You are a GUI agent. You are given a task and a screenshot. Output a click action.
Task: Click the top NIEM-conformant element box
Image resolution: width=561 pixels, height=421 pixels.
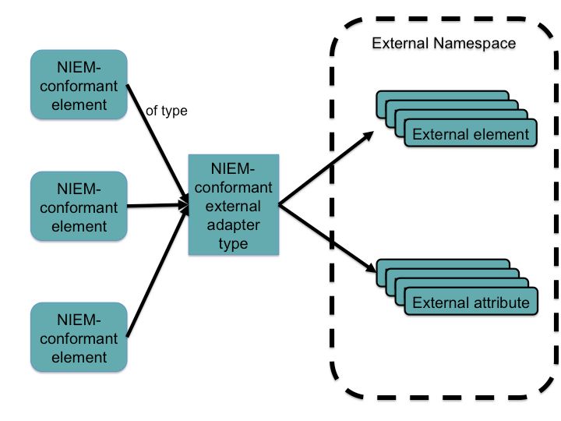pyautogui.click(x=77, y=85)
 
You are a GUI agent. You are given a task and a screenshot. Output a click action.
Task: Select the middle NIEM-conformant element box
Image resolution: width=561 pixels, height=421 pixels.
pyautogui.click(x=77, y=207)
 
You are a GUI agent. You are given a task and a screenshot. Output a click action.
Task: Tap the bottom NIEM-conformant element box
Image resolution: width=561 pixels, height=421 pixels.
pyautogui.click(x=77, y=338)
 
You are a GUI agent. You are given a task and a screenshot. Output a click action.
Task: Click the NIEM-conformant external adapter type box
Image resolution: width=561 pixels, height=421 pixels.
pyautogui.click(x=233, y=206)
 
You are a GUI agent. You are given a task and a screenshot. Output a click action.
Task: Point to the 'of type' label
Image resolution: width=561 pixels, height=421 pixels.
pyautogui.click(x=167, y=111)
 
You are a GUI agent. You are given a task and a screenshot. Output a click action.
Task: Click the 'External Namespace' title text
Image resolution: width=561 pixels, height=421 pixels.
pyautogui.click(x=443, y=43)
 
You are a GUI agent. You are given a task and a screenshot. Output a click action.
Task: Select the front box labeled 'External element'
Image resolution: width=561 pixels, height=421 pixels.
pyautogui.click(x=471, y=134)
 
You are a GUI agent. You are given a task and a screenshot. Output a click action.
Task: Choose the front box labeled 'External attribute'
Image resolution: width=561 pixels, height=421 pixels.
pyautogui.click(x=471, y=302)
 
